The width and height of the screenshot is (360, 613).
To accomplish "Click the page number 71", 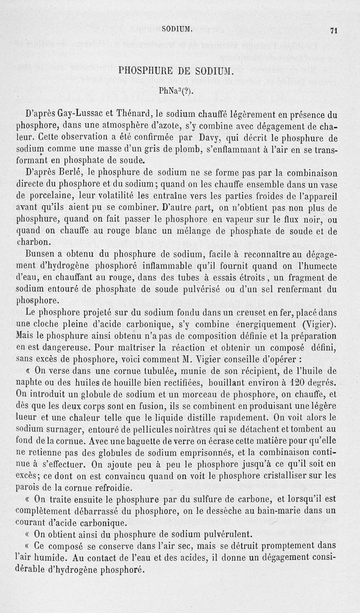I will click(x=333, y=31).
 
